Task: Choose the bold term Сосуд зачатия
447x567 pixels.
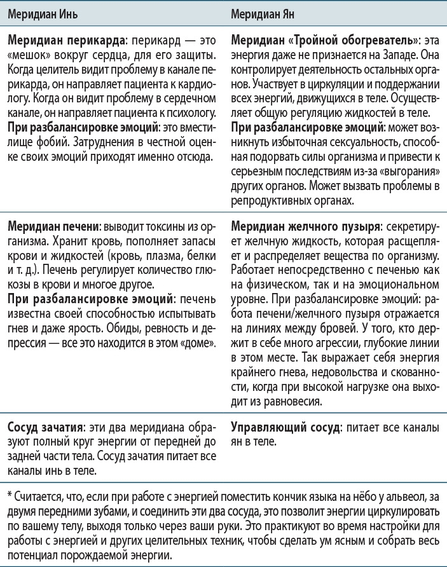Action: [42, 427]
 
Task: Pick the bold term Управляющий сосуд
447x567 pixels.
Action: [285, 427]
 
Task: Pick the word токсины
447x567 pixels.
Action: [155, 227]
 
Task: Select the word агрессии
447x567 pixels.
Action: [323, 344]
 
